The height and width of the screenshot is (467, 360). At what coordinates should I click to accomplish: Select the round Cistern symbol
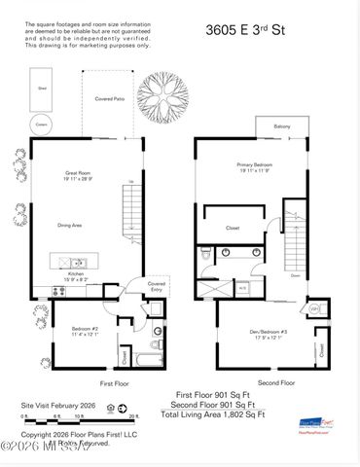41,123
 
